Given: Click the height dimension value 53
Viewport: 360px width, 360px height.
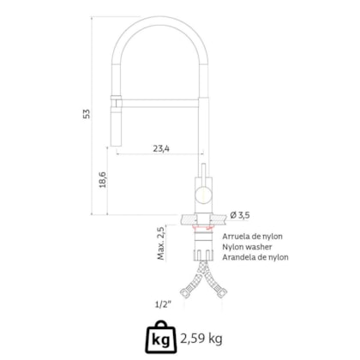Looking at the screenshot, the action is click(x=87, y=114).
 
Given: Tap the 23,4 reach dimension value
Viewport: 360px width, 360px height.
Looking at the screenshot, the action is click(x=161, y=148).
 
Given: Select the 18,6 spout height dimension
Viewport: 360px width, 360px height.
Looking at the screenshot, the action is click(x=103, y=180).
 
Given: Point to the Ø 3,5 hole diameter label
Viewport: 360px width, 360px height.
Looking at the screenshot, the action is click(x=240, y=215).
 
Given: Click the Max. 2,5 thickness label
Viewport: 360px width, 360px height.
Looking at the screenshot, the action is click(x=161, y=243).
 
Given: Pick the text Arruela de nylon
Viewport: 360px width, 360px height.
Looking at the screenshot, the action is click(x=253, y=237).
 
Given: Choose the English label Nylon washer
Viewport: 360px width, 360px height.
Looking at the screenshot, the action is click(x=247, y=247).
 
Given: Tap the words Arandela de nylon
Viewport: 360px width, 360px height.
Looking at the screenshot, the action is click(x=255, y=257).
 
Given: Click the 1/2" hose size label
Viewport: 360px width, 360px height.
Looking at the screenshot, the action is click(x=163, y=304).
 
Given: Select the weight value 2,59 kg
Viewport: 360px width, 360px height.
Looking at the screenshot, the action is click(x=201, y=339).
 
